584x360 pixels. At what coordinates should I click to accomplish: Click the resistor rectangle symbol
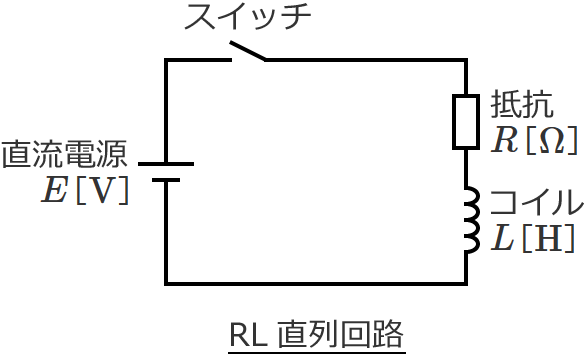coord(467,121)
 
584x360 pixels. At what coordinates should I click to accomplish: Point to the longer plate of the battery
coord(166,163)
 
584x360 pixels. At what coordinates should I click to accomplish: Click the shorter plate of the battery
coord(166,181)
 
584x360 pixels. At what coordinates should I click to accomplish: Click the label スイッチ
coord(247,17)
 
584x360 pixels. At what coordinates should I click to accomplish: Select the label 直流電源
coord(65,155)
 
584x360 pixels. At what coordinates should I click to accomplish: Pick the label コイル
coord(534,203)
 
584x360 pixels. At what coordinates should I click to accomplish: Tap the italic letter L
coord(504,238)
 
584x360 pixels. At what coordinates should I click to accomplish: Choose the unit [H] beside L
coord(547,239)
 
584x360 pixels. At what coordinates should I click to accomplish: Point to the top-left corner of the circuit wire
coord(167,60)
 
